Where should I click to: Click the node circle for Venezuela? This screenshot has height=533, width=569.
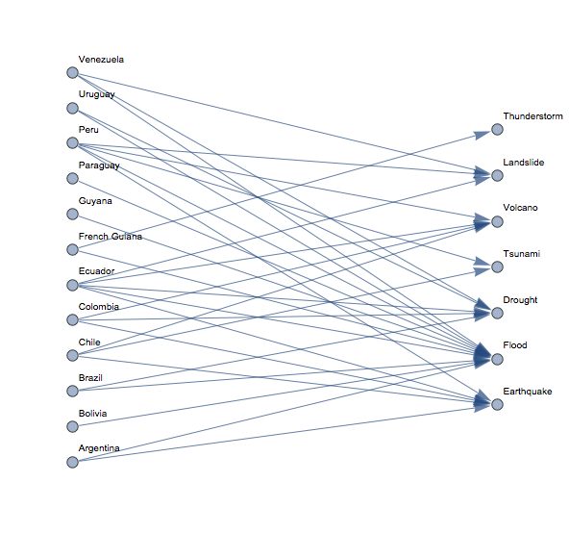click(x=73, y=73)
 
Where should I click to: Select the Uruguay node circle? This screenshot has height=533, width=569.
click(x=73, y=108)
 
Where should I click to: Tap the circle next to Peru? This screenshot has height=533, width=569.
click(x=73, y=142)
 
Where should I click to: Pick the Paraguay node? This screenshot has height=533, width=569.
click(x=73, y=178)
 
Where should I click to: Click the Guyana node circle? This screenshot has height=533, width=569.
click(x=73, y=214)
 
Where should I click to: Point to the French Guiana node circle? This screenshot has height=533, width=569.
click(x=73, y=249)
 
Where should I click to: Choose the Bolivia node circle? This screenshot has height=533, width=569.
click(x=73, y=426)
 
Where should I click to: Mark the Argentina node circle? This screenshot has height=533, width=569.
click(x=73, y=462)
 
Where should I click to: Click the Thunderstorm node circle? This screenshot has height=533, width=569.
click(x=497, y=129)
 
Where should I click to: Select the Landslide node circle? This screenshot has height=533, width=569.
click(x=497, y=175)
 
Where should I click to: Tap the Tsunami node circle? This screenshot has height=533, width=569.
click(x=497, y=267)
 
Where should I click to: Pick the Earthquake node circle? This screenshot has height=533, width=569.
click(x=497, y=404)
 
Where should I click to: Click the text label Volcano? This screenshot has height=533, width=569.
click(x=520, y=208)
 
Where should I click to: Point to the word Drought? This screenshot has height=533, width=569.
click(x=520, y=300)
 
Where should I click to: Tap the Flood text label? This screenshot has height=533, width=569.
click(x=515, y=345)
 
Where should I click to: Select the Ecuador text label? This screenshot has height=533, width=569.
click(x=96, y=271)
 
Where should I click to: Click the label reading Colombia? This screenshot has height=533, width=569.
click(x=99, y=307)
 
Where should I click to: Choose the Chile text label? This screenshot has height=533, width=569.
click(x=89, y=343)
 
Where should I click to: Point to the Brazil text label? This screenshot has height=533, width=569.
click(x=90, y=378)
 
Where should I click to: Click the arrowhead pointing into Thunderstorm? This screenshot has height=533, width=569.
click(x=482, y=134)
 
